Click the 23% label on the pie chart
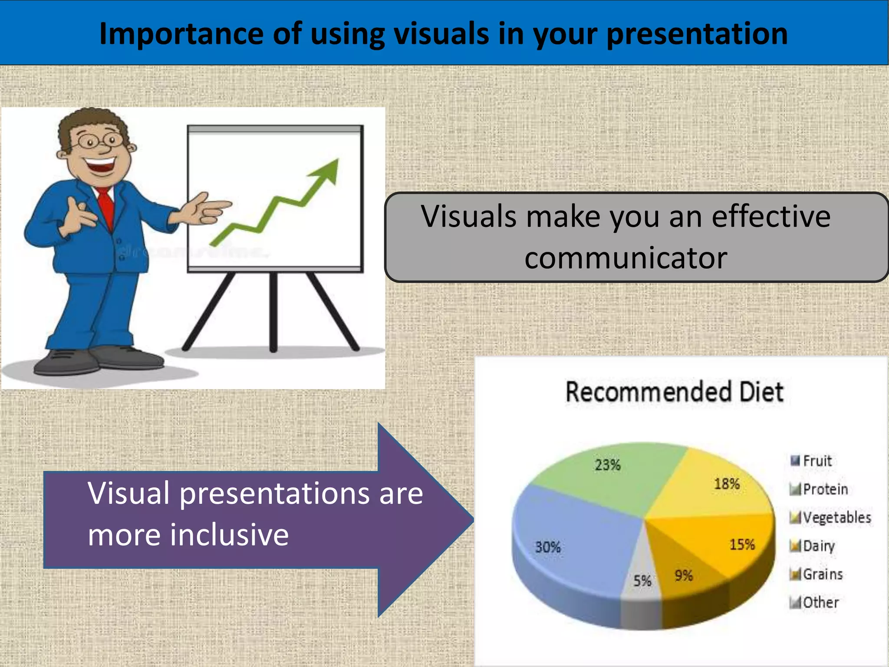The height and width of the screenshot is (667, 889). (x=607, y=465)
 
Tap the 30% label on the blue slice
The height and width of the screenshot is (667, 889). (x=548, y=547)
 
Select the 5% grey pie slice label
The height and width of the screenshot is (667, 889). (x=642, y=581)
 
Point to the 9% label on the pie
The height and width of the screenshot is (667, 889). (x=683, y=575)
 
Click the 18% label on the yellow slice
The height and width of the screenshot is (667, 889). (x=727, y=484)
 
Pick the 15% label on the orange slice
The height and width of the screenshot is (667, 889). (x=742, y=545)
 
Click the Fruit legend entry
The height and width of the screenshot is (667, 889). (x=817, y=461)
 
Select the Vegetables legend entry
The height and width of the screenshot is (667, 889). (x=836, y=517)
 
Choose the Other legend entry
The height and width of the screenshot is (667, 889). (x=820, y=602)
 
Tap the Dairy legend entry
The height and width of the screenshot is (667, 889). (x=818, y=546)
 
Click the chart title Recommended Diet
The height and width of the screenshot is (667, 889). (x=674, y=392)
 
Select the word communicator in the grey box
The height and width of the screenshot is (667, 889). (x=626, y=258)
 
